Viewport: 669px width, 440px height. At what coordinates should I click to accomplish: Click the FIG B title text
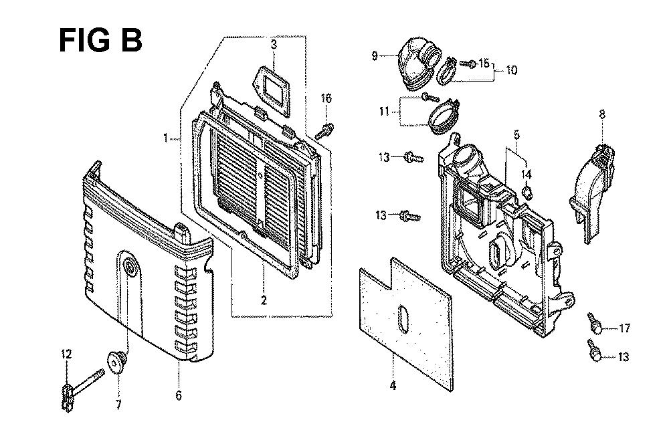[x=100, y=41]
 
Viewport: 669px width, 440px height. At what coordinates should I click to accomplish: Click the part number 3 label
[x=274, y=44]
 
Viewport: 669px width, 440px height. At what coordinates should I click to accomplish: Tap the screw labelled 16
[x=324, y=130]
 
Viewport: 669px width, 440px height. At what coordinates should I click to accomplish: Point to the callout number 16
[x=326, y=98]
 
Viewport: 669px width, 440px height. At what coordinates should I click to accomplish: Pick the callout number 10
[x=512, y=70]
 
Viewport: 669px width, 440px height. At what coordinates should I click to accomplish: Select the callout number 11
[x=384, y=112]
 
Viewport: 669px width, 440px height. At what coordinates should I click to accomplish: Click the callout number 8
[x=602, y=114]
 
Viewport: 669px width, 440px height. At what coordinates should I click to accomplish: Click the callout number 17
[x=625, y=328]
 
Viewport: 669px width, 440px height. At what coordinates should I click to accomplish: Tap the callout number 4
[x=393, y=385]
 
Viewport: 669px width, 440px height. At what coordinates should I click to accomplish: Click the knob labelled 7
[x=116, y=362]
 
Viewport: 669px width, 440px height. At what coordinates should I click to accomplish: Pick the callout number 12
[x=66, y=354]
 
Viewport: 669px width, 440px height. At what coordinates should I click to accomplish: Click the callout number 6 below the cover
[x=179, y=396]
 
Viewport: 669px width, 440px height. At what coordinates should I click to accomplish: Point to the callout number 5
[x=516, y=136]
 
